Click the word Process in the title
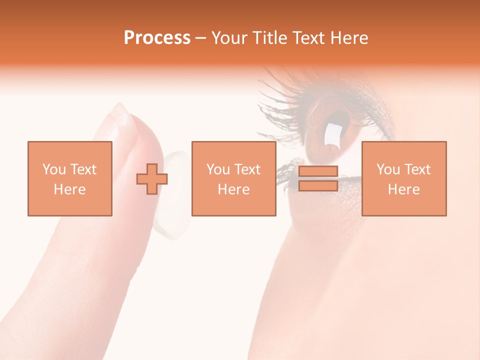click(157, 38)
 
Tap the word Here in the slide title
click(348, 38)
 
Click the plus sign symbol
click(152, 179)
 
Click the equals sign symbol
click(318, 178)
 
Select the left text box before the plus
click(70, 178)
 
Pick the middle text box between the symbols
click(233, 178)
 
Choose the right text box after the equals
click(403, 178)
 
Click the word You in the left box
click(54, 169)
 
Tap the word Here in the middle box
click(233, 189)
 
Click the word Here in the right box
click(403, 189)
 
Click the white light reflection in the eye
click(332, 134)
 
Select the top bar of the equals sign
click(318, 171)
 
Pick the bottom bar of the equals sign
click(318, 186)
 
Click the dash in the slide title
click(201, 38)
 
